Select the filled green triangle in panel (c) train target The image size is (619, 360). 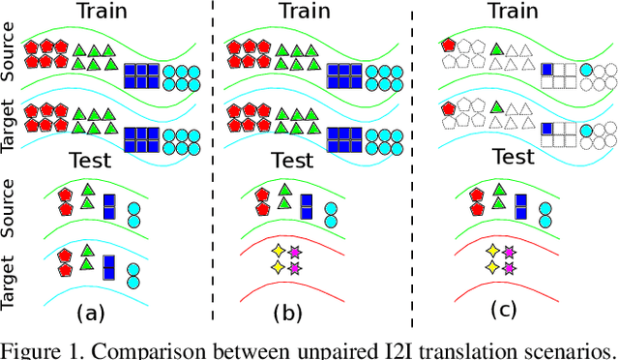(x=496, y=107)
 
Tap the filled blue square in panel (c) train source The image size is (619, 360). (x=546, y=68)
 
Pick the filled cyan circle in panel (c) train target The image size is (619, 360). (x=587, y=129)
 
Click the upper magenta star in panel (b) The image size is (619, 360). (x=294, y=252)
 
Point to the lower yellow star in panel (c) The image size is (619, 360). (x=491, y=266)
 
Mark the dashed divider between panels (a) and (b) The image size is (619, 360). (x=213, y=165)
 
